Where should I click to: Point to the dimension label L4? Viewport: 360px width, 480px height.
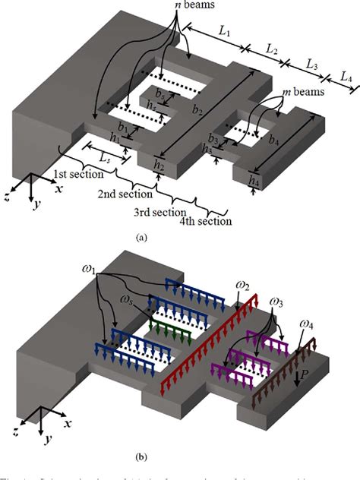pos(346,77)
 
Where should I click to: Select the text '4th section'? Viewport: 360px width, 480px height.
pos(205,221)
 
